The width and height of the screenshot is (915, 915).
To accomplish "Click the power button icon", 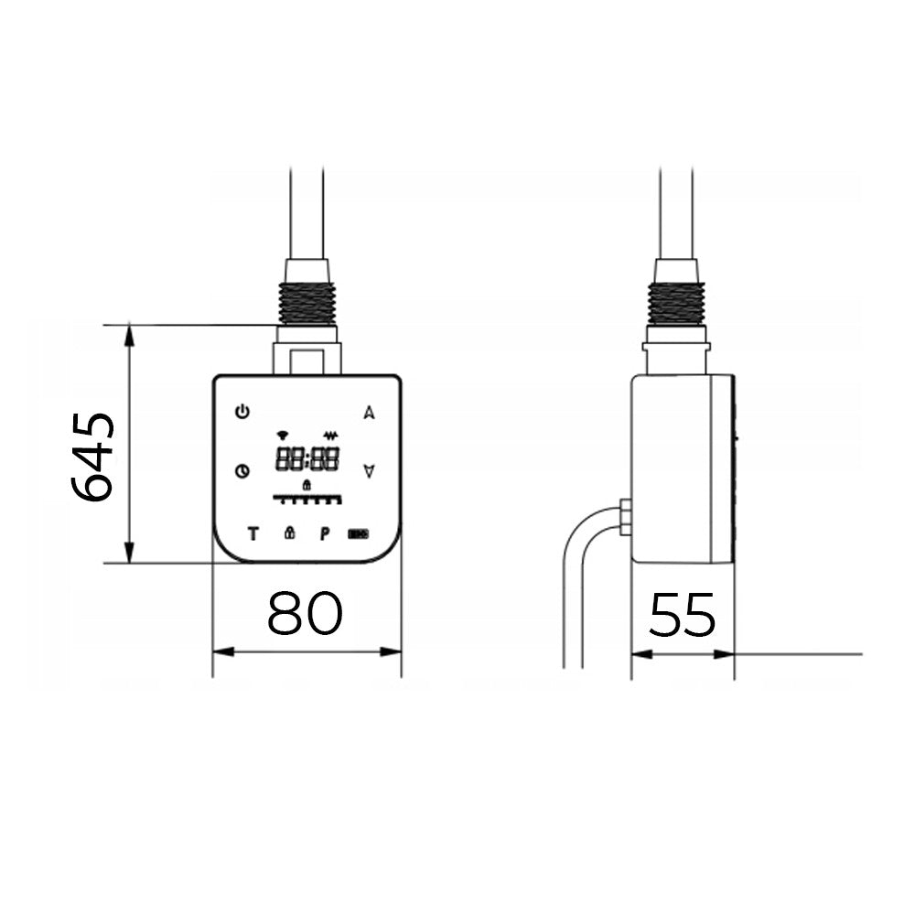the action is tap(242, 412).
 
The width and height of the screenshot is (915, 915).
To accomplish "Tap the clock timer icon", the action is tap(242, 471).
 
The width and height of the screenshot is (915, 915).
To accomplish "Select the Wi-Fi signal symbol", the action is tap(283, 435).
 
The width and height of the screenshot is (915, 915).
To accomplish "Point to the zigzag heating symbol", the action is tap(330, 436).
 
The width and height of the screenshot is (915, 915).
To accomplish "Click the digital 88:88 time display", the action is tap(307, 460).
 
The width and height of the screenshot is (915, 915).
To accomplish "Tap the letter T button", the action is tap(253, 533).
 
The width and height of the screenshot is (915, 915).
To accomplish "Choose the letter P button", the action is tap(324, 533).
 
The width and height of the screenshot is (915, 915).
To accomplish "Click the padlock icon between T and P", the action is tap(289, 533).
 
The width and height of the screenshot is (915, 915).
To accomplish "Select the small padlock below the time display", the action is tap(307, 484).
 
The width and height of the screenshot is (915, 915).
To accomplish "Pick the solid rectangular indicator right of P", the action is tap(358, 533).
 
